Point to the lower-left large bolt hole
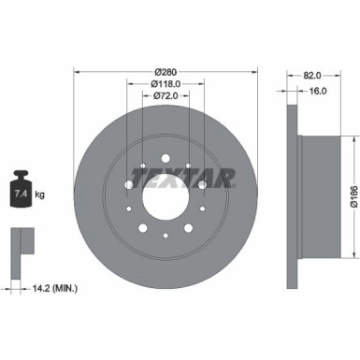(143, 228)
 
